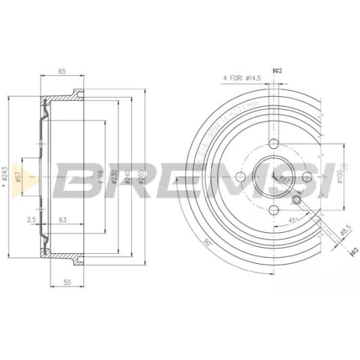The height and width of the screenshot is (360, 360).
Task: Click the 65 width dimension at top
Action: [x=62, y=70]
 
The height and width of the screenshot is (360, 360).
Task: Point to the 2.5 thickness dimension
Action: [x=31, y=220]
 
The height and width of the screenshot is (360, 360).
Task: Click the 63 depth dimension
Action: [x=62, y=220]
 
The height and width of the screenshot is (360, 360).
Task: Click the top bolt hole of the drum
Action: [x=273, y=144]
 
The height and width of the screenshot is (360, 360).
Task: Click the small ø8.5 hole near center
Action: [x=296, y=200]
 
